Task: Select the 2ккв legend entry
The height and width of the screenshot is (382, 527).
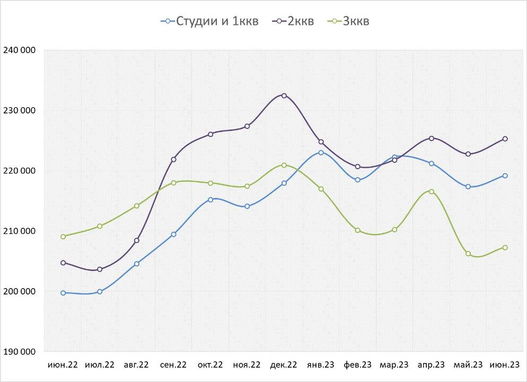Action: click(293, 21)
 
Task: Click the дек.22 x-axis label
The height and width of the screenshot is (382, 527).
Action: click(284, 365)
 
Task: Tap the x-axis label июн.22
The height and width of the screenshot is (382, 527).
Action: click(63, 365)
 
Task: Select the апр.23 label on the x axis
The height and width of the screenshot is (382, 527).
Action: click(431, 365)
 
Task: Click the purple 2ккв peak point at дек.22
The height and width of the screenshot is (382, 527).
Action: click(284, 95)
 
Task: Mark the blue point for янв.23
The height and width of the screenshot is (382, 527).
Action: click(321, 152)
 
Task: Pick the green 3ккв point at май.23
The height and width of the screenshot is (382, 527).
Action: click(468, 254)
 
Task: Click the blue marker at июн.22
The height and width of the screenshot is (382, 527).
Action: click(63, 293)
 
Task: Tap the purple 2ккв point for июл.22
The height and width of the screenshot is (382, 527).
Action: click(100, 270)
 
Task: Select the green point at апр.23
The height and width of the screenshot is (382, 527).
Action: click(432, 192)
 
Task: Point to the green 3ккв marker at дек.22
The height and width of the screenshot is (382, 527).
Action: click(284, 165)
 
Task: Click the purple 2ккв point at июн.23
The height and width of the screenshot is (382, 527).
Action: click(505, 139)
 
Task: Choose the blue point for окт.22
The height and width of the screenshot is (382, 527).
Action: click(210, 199)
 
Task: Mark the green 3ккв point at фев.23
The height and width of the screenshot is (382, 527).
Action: click(358, 230)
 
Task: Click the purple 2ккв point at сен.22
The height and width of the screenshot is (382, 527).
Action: click(173, 159)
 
